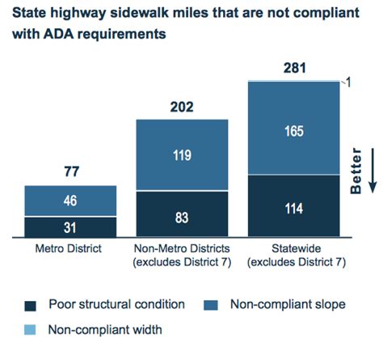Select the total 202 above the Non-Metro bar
(183, 105)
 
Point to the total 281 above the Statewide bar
(295, 67)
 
